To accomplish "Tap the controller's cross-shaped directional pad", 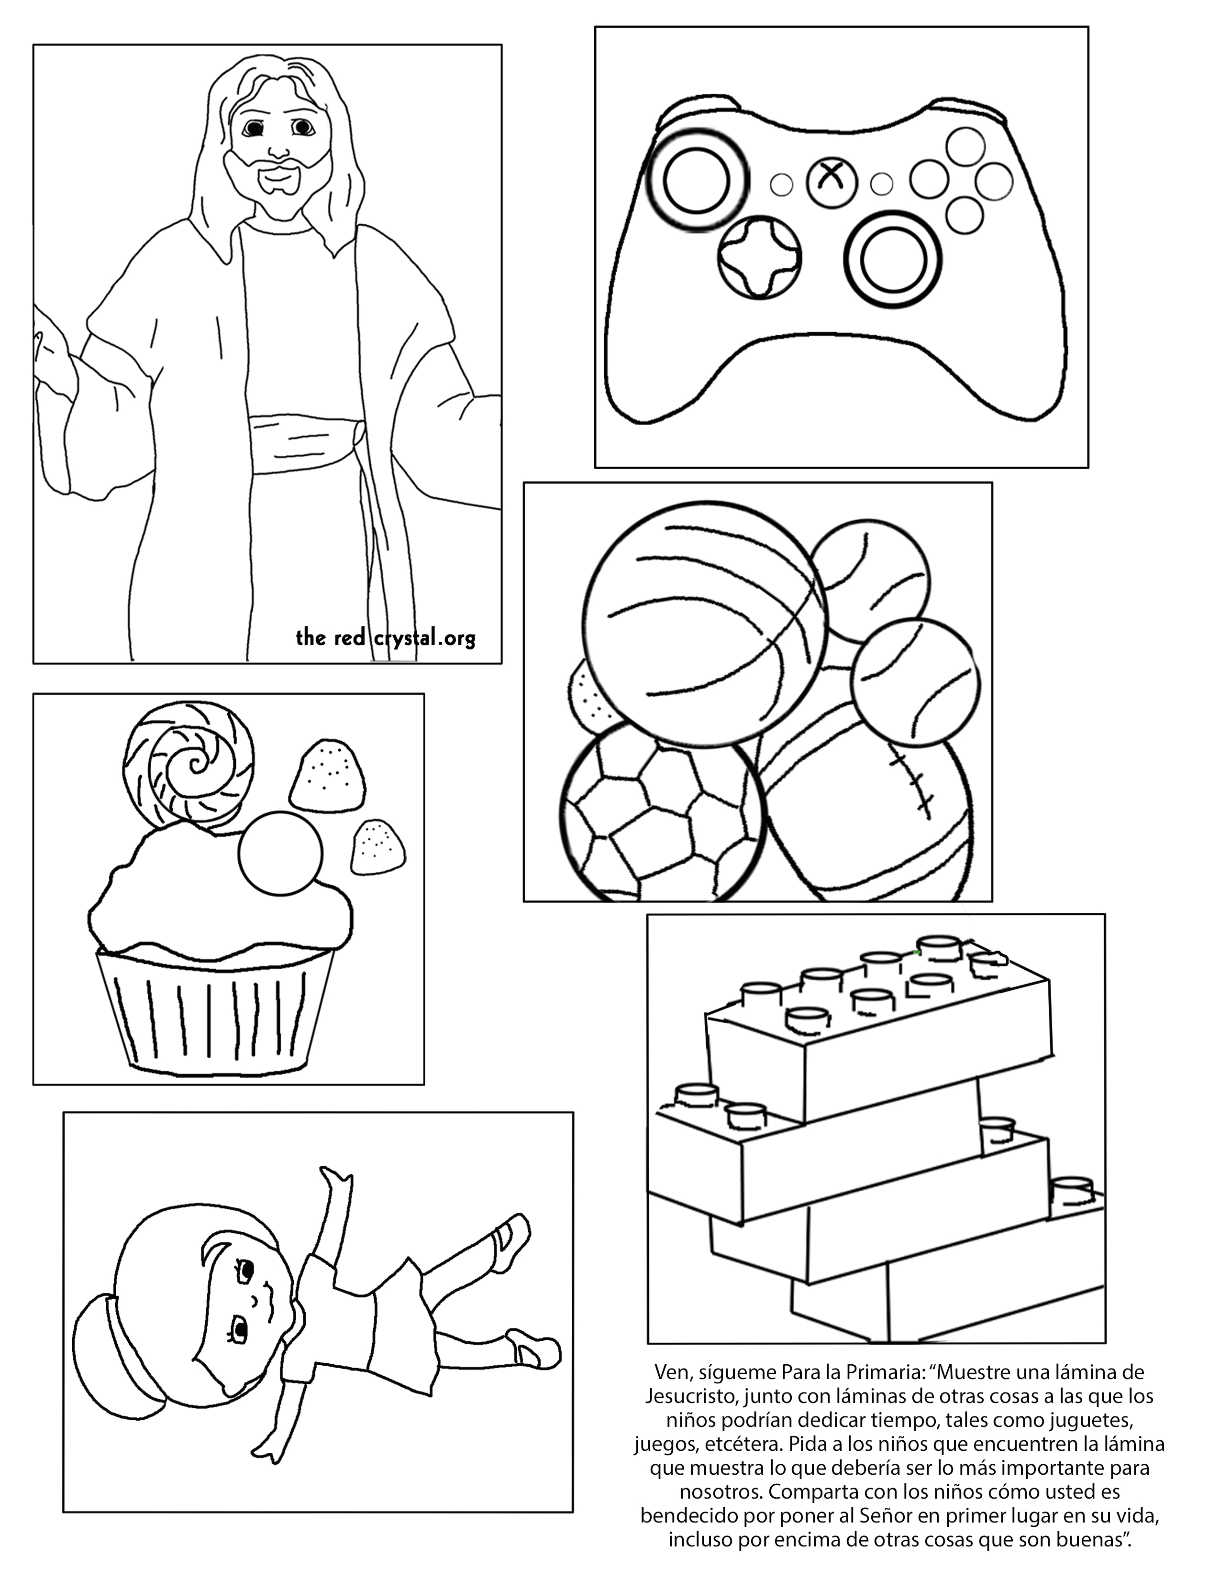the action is click(x=760, y=256).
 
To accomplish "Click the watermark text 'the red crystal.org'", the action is click(x=386, y=638).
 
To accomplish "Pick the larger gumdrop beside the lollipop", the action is click(x=327, y=775).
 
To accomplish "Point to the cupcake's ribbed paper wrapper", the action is click(x=215, y=1010).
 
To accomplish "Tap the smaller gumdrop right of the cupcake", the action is click(x=377, y=846).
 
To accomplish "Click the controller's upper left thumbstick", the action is click(x=697, y=180).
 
